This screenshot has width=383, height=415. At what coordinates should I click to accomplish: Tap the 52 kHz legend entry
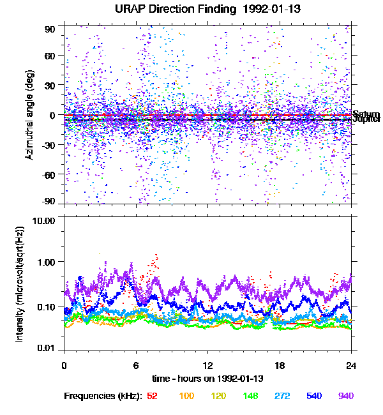[153, 396]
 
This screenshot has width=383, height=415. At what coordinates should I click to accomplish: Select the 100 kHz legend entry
[186, 396]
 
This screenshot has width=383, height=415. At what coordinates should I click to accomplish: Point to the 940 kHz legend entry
[345, 396]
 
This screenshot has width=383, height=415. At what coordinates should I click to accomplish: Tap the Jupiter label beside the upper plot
[367, 119]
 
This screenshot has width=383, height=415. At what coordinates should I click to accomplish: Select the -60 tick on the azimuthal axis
[49, 174]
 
